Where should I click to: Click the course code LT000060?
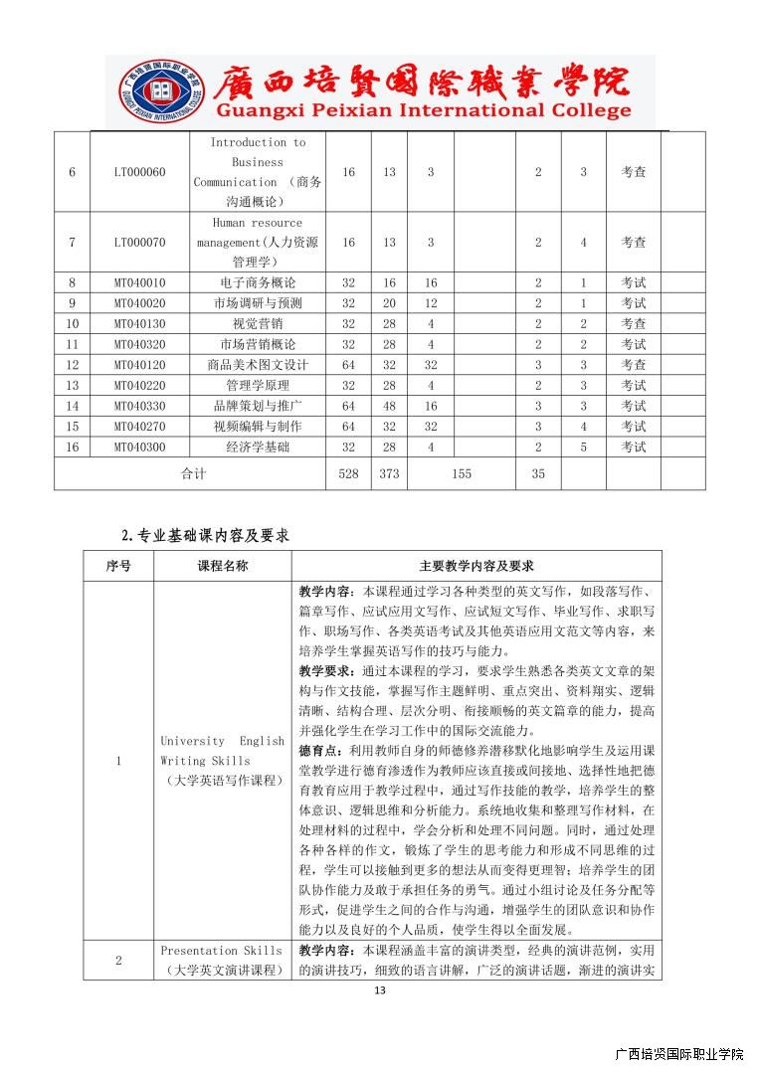tap(139, 172)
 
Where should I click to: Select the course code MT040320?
tap(139, 344)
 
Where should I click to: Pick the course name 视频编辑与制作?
tap(257, 427)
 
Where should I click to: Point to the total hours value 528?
tap(348, 474)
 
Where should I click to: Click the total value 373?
tap(389, 474)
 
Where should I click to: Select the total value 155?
tap(462, 474)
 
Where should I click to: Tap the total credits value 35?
tap(538, 474)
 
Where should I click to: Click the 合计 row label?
tap(193, 474)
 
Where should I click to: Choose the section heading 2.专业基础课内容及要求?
tap(205, 535)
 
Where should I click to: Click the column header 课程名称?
tap(223, 566)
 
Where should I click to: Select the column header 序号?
tap(118, 566)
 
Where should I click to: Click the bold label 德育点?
tap(316, 748)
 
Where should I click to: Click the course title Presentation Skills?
tap(214, 951)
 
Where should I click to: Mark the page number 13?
tap(379, 990)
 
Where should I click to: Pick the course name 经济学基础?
tap(257, 447)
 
